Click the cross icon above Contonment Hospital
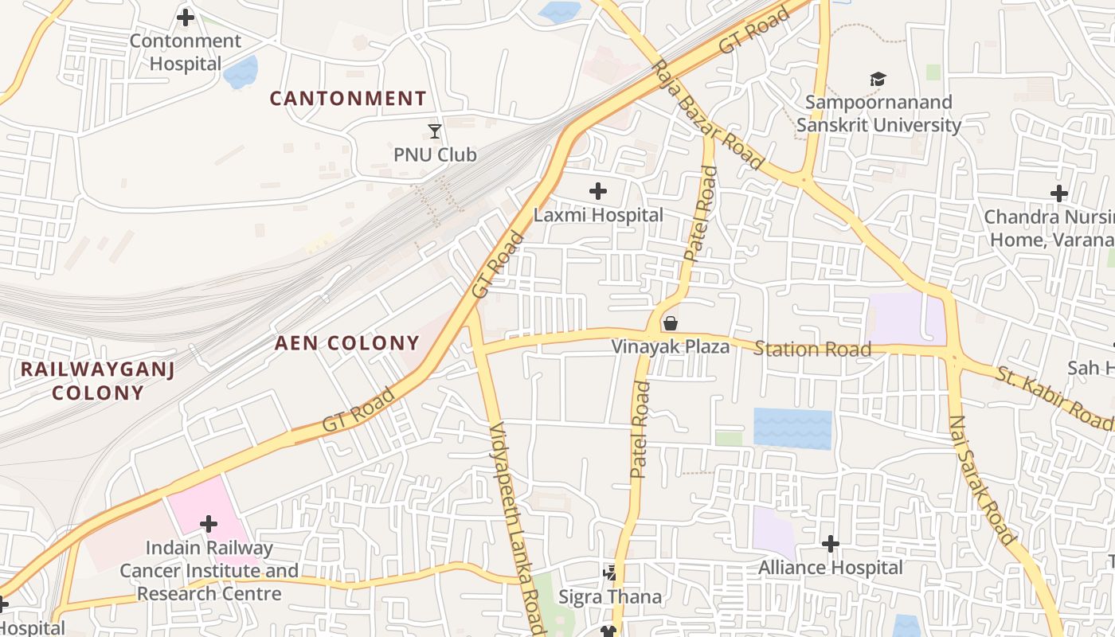186,17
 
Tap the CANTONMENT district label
348,99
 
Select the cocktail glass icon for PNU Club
434,131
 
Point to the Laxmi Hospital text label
598,215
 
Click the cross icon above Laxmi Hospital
597,191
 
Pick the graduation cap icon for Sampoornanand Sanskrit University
878,80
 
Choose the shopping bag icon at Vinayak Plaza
671,323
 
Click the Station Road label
812,349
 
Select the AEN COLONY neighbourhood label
347,343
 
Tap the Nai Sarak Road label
982,480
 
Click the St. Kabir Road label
1054,397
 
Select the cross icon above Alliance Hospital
831,544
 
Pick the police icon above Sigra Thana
610,573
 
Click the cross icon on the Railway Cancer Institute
209,524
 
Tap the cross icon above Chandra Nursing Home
1058,193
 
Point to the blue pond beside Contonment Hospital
241,72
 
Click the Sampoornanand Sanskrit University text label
878,114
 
